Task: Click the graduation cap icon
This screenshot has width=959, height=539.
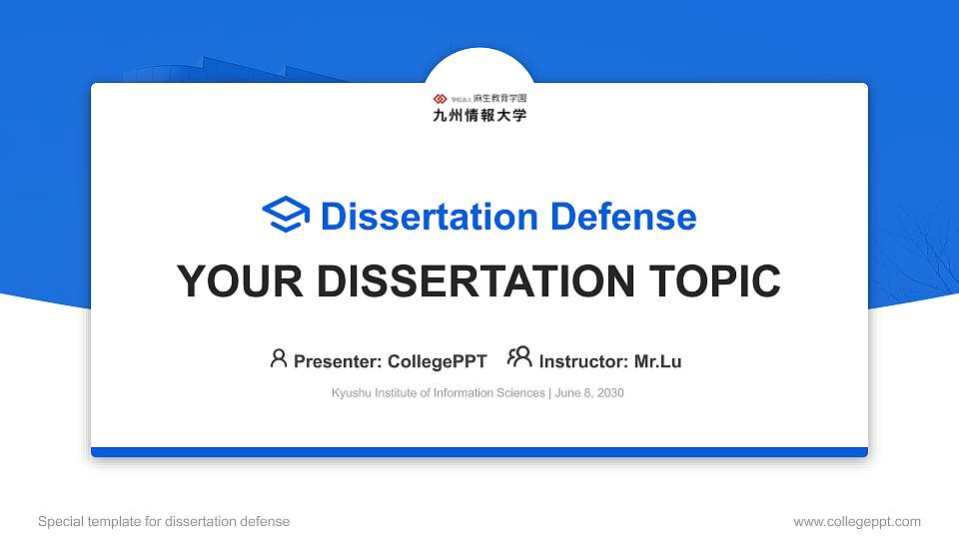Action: (x=286, y=215)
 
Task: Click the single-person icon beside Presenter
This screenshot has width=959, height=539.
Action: (x=279, y=358)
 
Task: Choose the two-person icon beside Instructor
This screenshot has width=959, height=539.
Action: (x=519, y=357)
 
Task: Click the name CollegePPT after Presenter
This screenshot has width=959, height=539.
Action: (x=437, y=361)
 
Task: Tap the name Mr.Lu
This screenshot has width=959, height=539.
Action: (x=657, y=361)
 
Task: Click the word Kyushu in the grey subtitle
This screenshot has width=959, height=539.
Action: (x=351, y=393)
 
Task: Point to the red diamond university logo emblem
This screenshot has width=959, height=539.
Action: (x=440, y=99)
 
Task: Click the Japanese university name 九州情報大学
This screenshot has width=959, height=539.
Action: (x=479, y=115)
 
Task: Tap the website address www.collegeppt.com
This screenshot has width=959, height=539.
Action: (x=857, y=521)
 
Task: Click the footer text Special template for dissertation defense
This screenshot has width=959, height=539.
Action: (x=164, y=521)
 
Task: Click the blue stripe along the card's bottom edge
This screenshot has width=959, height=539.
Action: (x=479, y=452)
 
